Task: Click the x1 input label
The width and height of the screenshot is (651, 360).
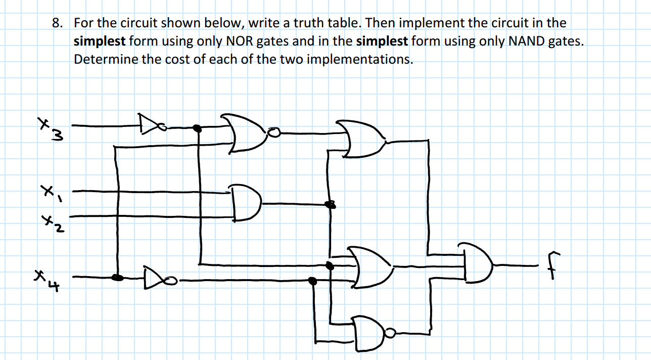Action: click(51, 192)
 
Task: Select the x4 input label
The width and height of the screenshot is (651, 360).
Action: click(48, 280)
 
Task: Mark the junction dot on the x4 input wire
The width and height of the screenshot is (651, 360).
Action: click(117, 277)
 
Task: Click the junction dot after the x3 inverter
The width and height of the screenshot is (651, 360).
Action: click(198, 129)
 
